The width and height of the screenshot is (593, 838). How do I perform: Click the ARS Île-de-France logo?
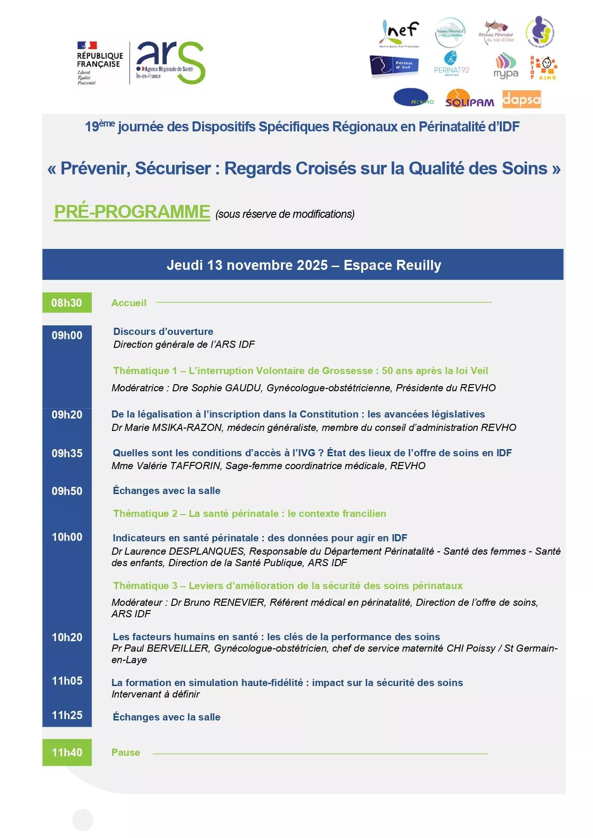pos(170,62)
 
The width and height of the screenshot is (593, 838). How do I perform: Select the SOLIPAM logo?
pos(469,99)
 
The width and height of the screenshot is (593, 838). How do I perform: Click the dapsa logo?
pos(521,99)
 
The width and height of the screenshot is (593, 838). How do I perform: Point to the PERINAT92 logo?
pos(451,64)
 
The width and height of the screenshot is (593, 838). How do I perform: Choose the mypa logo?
pos(506,66)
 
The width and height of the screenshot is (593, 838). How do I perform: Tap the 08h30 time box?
pos(67,302)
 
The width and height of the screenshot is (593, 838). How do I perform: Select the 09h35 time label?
pos(67,453)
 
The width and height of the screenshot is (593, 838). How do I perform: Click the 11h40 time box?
pos(67,752)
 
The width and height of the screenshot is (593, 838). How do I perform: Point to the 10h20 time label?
pos(67,637)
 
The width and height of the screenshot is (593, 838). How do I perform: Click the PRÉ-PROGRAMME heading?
pos(132,212)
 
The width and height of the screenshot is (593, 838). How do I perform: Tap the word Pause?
pos(126,752)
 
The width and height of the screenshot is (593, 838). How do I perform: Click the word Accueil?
pos(129,303)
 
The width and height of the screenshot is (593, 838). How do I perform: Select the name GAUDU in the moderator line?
pos(244,388)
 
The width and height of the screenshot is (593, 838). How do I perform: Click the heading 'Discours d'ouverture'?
pos(163,332)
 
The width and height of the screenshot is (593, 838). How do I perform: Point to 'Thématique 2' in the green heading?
pos(145,514)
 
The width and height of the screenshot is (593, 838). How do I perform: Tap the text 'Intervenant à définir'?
pos(155,694)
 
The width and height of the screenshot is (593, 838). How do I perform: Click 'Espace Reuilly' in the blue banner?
pos(392,265)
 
